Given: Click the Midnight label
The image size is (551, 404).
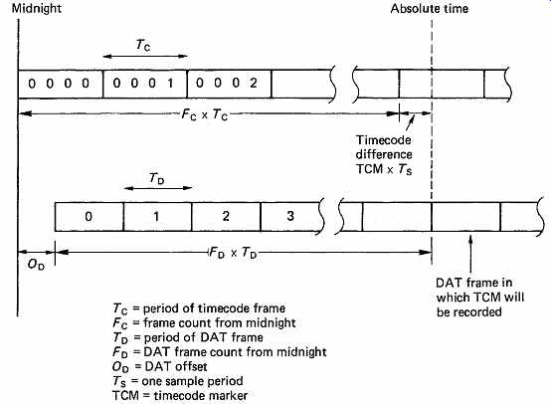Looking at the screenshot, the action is tap(37, 8).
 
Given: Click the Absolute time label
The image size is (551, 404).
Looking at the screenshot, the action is tap(430, 8).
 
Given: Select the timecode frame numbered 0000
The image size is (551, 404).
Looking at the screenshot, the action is tap(61, 84).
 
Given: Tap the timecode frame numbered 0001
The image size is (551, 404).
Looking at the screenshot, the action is tap(145, 84).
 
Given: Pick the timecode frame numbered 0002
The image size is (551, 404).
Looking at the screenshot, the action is tap(230, 84).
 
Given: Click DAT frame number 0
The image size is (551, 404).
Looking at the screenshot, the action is tap(90, 216).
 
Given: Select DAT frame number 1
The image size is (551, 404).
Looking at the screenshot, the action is tap(158, 216).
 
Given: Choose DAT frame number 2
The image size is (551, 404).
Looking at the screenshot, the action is tap(227, 216).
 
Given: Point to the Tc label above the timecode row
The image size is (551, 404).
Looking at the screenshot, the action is tap(143, 45).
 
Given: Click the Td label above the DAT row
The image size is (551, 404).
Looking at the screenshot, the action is tap(157, 178).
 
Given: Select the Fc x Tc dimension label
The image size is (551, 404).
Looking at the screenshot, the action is tap(205, 114).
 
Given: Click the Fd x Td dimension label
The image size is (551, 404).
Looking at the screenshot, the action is tap(233, 253).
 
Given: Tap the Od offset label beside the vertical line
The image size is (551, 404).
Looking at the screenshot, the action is tap(36, 264).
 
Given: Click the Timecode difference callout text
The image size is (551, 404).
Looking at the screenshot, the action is tap(384, 154).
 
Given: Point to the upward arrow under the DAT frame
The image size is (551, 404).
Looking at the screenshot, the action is tap(470, 254).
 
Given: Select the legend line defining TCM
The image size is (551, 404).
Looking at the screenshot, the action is tap(180, 395).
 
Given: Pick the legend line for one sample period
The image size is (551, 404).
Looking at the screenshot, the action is tap(178, 381).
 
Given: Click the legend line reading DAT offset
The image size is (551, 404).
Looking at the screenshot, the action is tap(159, 367).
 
